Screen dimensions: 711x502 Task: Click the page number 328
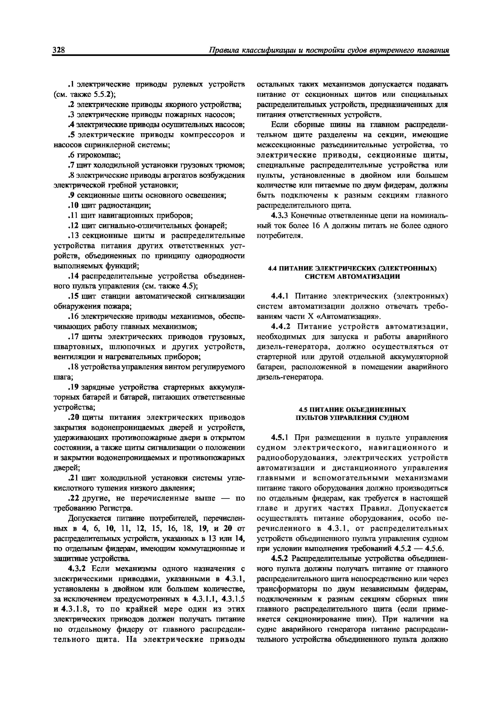tap(58, 50)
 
